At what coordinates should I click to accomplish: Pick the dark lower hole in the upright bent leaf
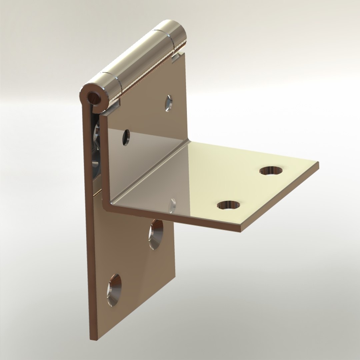[x=126, y=137]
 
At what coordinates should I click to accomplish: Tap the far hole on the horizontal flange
[x=271, y=170]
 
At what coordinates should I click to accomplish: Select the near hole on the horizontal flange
[x=229, y=205]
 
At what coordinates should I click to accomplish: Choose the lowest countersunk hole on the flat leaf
[x=114, y=290]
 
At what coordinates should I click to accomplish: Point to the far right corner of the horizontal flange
[x=318, y=163]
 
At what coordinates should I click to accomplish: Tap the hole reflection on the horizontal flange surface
[x=172, y=205]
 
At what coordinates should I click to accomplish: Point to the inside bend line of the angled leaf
[x=150, y=170]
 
